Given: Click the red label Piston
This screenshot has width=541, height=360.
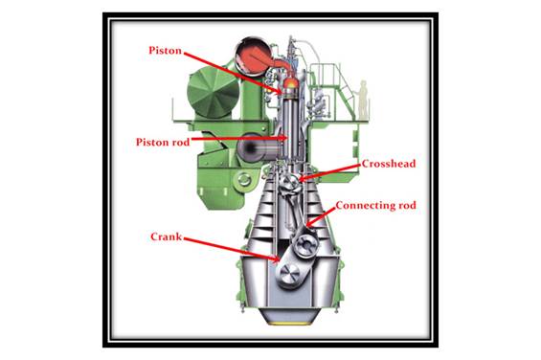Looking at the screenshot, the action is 165,51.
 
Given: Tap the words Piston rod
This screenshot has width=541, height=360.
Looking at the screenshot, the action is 163,142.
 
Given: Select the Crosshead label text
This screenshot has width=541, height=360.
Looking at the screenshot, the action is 389,164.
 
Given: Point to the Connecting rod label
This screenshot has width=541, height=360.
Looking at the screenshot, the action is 375,205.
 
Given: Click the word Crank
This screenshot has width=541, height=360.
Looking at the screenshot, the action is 166,236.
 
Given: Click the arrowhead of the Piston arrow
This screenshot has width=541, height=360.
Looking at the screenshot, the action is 281,91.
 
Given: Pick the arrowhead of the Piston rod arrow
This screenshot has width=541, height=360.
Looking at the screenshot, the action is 284,138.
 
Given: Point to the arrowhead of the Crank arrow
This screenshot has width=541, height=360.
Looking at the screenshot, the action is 276,259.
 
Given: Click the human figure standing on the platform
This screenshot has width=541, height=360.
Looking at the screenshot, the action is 363,99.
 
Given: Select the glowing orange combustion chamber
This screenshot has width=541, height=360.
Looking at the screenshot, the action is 291,83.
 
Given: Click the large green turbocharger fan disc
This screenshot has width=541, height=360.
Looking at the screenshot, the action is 213,92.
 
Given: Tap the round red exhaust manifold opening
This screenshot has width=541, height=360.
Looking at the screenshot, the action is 254,56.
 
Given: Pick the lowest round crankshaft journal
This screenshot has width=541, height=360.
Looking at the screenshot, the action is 290,275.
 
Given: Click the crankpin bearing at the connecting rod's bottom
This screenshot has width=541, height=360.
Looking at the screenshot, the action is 306,245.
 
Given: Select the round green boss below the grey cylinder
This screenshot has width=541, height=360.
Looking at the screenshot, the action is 244,180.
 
